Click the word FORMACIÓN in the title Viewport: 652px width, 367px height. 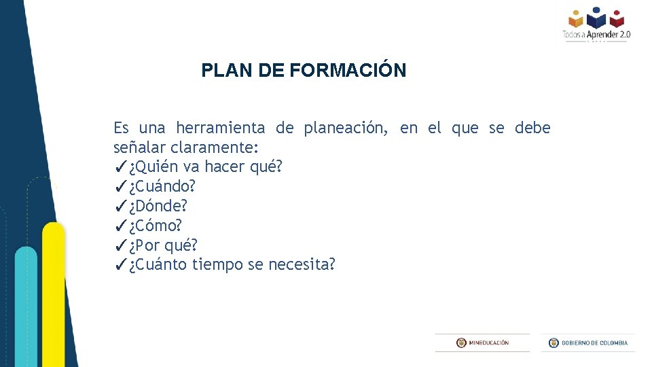(x=348, y=70)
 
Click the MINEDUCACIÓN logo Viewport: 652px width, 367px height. (x=482, y=343)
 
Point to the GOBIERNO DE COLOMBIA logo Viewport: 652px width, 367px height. (x=588, y=343)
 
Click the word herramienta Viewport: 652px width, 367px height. (x=220, y=128)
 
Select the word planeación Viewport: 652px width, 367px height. (x=346, y=128)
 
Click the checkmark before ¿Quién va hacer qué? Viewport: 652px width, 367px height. (x=120, y=167)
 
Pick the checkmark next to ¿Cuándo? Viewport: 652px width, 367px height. (x=120, y=186)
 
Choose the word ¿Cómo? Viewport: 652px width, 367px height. (x=156, y=225)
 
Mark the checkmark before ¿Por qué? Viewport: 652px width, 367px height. (x=120, y=245)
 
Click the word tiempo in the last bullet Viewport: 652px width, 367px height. (x=217, y=264)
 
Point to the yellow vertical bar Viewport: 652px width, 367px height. (x=54, y=292)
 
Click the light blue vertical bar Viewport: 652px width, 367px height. (x=26, y=306)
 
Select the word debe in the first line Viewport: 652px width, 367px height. (x=532, y=128)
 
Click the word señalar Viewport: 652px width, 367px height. (x=140, y=147)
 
